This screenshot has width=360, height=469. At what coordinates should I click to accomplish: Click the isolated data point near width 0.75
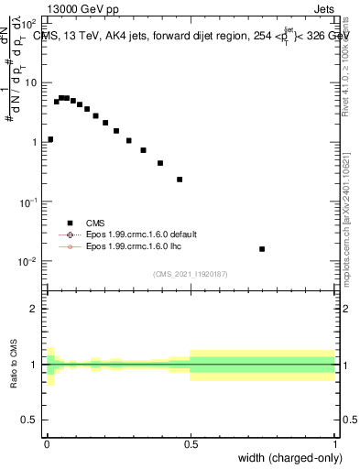(x=262, y=248)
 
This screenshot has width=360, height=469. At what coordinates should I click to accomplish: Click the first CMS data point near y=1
(x=49, y=139)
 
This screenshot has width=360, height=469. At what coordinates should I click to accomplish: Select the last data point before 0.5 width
(x=180, y=180)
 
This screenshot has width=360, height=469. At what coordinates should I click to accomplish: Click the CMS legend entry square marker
(x=70, y=223)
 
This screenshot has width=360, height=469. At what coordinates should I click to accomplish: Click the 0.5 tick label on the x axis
(x=191, y=442)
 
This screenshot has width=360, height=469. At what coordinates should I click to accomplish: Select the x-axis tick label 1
(x=335, y=442)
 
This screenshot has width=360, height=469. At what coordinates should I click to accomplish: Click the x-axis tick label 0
(x=47, y=442)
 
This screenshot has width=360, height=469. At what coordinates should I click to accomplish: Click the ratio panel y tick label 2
(x=34, y=309)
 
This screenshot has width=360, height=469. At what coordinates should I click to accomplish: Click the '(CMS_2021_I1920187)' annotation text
(x=190, y=274)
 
